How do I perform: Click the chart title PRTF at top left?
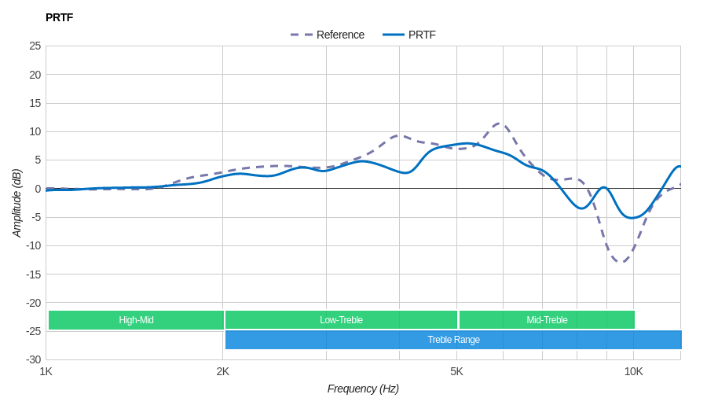pos(59,17)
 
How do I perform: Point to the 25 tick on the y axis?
pos(35,46)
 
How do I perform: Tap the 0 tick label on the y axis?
pos(38,189)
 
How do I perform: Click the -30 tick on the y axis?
pos(33,359)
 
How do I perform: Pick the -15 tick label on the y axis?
pos(33,275)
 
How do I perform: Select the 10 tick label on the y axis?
pos(35,131)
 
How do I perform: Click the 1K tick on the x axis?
pos(46,371)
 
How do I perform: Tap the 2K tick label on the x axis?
pos(223,371)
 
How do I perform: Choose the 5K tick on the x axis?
pos(456,371)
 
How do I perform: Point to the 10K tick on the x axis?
pos(634,371)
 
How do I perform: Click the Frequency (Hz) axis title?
pos(363,389)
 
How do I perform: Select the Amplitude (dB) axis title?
pos(16,203)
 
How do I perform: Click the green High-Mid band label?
pos(136,320)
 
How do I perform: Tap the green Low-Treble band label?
pos(341,320)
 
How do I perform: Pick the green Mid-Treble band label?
pos(547,320)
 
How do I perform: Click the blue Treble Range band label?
pos(453,340)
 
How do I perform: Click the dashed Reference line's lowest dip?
pos(621,262)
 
